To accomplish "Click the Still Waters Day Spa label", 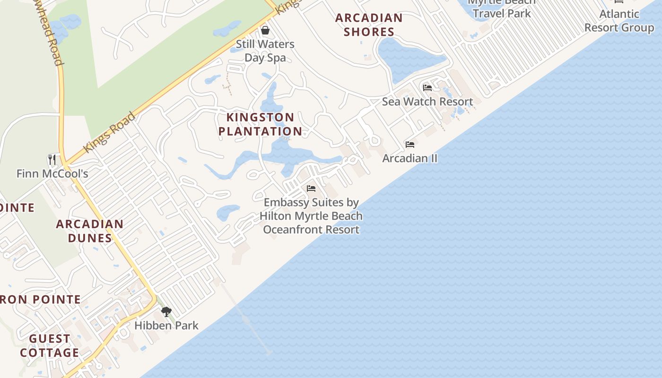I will [265, 51].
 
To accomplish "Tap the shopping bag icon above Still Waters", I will [265, 31].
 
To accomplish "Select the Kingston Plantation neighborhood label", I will [260, 124].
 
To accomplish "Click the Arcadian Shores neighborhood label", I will [369, 25].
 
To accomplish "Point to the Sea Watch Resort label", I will [427, 102].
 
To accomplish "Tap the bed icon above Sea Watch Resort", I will [427, 88].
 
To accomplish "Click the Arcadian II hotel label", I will [409, 158].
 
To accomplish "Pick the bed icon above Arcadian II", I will [410, 145].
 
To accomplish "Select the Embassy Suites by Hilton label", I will [311, 216].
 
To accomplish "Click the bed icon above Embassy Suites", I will [311, 189].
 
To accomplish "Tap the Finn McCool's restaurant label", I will [52, 174].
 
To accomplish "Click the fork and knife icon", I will [52, 160].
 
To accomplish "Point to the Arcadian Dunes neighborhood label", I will [90, 231].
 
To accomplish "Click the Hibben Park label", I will [166, 326].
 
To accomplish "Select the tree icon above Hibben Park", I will [166, 312].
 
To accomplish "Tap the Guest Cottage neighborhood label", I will [50, 346].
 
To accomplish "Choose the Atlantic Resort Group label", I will [619, 21].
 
